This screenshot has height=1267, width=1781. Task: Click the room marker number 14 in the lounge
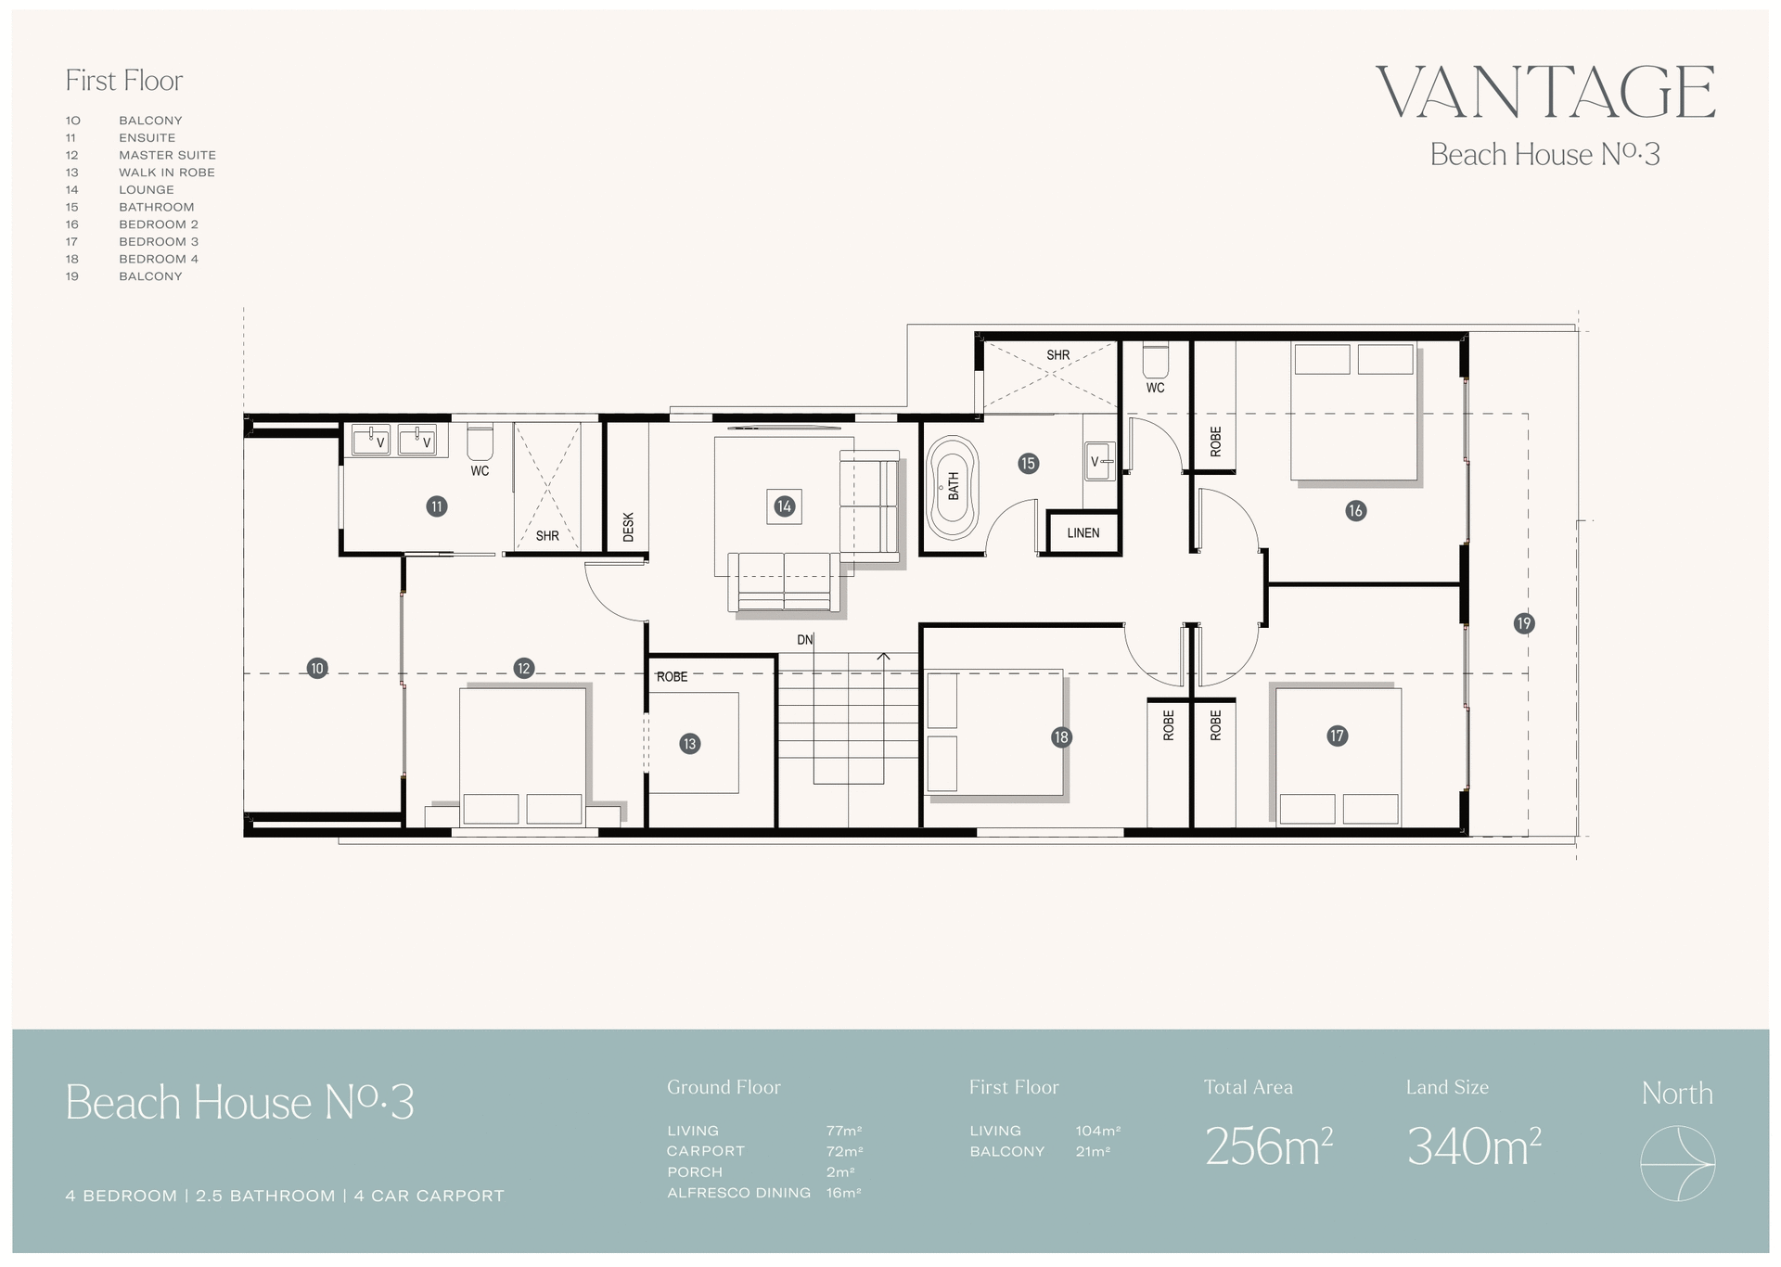785,506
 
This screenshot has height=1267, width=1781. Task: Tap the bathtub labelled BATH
953,486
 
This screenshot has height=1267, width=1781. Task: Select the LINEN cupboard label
1083,533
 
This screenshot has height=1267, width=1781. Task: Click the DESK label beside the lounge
628,527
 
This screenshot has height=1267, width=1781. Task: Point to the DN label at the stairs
804,640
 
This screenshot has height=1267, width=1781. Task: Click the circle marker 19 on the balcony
1523,623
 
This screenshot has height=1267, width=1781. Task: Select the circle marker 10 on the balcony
317,668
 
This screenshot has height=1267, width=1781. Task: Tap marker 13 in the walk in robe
689,744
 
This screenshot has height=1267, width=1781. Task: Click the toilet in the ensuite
480,442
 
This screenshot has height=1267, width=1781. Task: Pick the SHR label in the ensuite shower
547,536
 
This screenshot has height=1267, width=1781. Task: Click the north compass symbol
1677,1163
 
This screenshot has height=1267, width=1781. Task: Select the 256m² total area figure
1268,1147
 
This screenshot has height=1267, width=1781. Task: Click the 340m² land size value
1473,1147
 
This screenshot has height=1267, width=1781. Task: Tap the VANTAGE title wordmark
1544,93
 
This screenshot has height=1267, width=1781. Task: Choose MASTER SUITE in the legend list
167,155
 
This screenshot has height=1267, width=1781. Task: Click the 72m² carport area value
844,1151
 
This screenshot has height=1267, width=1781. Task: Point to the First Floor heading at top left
124,81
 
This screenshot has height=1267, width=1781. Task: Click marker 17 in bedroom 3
1337,736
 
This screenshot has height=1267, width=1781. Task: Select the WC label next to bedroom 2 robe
1155,388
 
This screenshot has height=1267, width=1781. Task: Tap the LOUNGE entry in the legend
147,189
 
